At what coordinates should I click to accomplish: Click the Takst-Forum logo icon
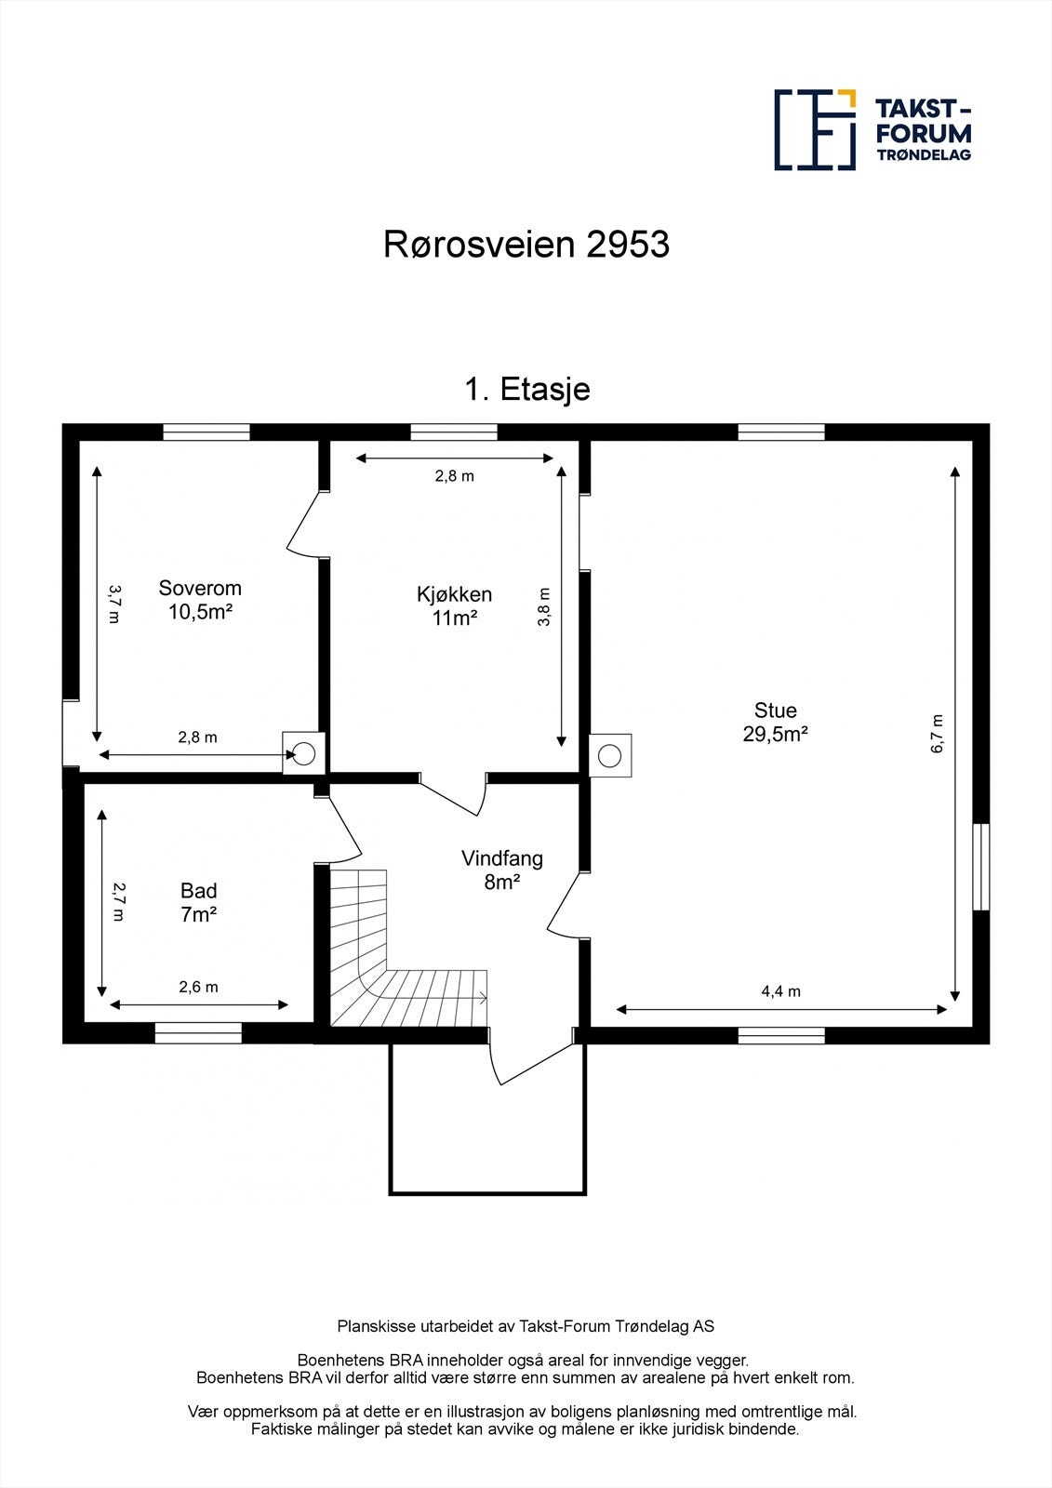815,129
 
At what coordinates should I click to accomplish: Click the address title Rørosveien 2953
526,245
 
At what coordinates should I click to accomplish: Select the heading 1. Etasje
526,389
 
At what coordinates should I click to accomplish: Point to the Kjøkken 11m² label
454,605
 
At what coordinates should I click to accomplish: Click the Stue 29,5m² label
775,723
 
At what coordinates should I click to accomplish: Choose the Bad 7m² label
198,903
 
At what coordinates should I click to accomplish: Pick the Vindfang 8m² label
501,870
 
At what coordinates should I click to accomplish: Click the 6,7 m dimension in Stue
937,733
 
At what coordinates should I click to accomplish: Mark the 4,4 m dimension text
780,991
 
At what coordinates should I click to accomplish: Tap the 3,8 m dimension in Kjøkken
544,606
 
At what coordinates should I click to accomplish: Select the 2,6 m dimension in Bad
198,987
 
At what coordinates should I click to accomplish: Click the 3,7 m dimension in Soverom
113,604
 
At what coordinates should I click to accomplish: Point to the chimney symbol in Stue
610,754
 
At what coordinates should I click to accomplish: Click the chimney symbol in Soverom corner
304,753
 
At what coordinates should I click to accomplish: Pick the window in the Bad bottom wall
198,1033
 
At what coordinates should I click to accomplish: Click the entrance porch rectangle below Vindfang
487,1135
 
